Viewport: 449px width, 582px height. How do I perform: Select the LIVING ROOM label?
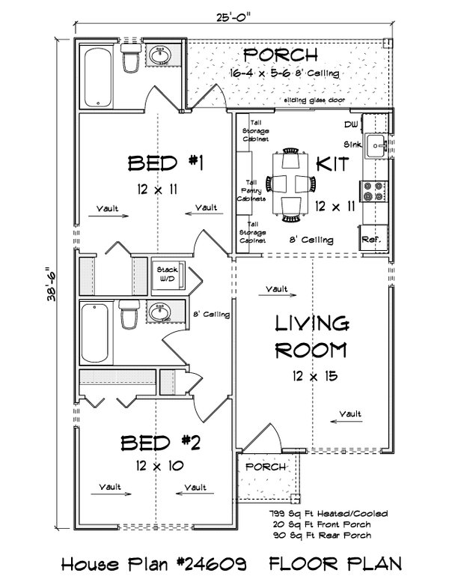(311, 337)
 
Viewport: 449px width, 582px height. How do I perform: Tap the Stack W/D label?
(164, 275)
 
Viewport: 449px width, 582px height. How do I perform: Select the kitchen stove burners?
(373, 191)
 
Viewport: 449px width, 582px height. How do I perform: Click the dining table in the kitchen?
(290, 183)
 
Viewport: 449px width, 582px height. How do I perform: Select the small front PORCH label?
(266, 467)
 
